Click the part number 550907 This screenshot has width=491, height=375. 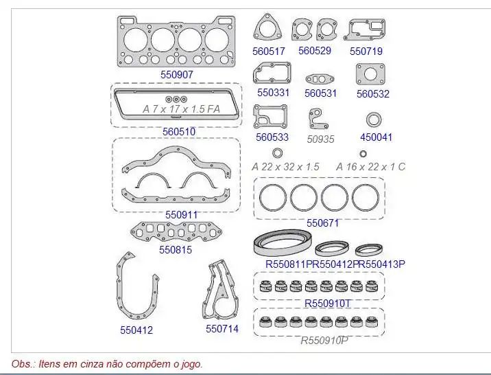177,75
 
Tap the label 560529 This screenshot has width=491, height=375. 314,51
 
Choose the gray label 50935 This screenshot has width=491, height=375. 320,139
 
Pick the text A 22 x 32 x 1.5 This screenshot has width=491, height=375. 285,167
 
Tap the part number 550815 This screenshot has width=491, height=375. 176,250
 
